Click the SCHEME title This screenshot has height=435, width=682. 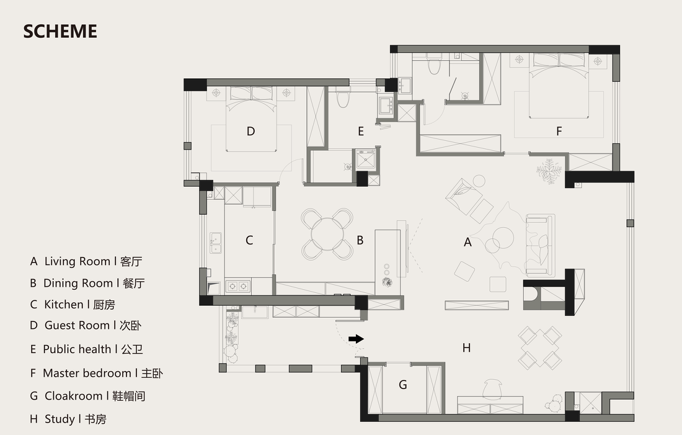pos(60,32)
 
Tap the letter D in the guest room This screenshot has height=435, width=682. pos(250,131)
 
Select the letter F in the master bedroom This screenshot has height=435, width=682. pos(559,131)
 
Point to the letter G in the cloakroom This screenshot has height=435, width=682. pos(403,385)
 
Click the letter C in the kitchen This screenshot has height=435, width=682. pos(249,240)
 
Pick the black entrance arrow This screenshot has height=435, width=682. pos(356,339)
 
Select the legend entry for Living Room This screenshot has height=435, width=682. pos(86,261)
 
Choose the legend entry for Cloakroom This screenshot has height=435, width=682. pos(87,396)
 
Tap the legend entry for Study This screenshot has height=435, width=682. pos(68,419)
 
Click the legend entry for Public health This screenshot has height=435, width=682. pos(86,349)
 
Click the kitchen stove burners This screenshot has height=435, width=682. pos(238,285)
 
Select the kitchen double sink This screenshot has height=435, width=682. pos(215,243)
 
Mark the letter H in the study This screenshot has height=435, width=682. pos(466,348)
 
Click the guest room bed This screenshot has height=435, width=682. pos(251,119)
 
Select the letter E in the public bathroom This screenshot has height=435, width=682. pos(361,131)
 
